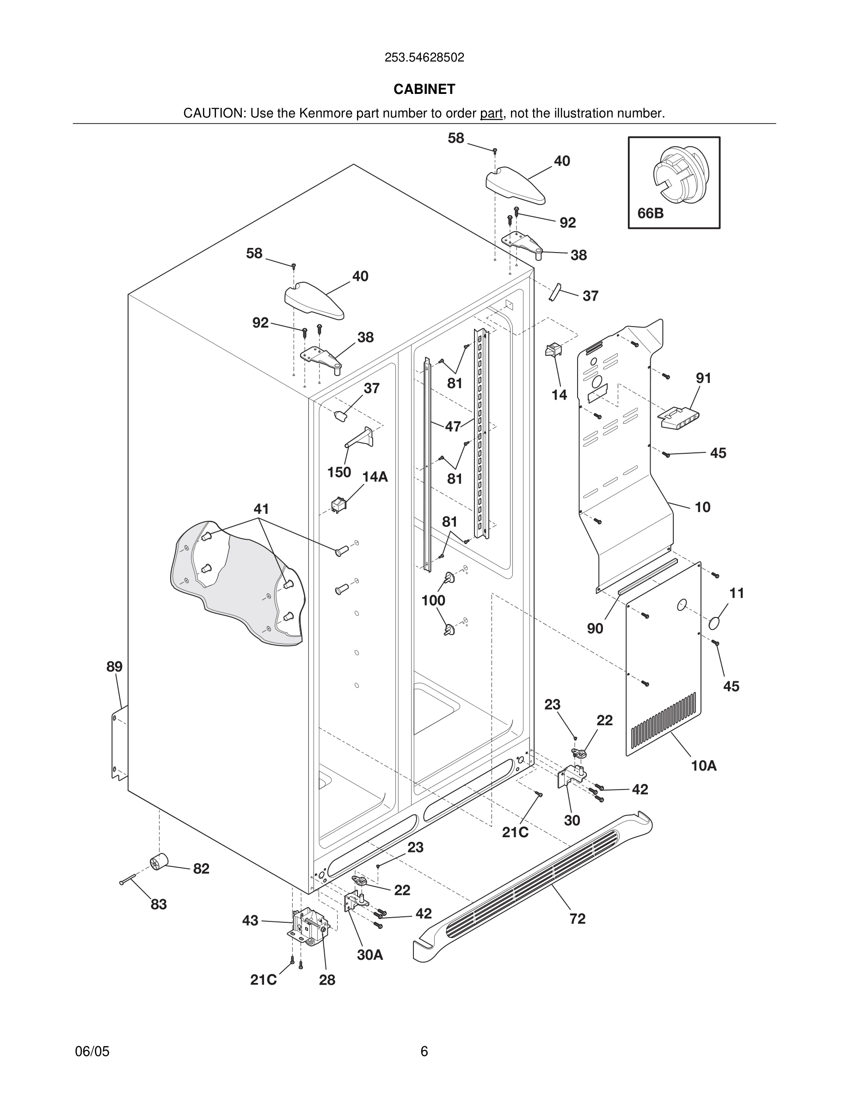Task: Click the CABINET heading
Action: (x=424, y=89)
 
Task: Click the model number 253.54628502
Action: (x=424, y=57)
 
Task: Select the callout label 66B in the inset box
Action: (x=650, y=213)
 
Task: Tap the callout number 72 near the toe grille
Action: (x=578, y=919)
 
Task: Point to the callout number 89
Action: (x=114, y=667)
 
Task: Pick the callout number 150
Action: (x=339, y=472)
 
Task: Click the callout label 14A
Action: (x=375, y=476)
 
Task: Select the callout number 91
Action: (x=703, y=378)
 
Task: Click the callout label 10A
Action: (x=704, y=766)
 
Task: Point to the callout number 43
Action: (x=250, y=920)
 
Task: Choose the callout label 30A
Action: (x=370, y=955)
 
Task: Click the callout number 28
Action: (x=327, y=980)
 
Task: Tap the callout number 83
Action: (x=159, y=904)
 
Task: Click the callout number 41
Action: (x=261, y=509)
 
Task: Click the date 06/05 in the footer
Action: (x=92, y=1051)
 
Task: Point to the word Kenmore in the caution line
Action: (x=326, y=113)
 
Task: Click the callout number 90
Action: (x=595, y=628)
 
